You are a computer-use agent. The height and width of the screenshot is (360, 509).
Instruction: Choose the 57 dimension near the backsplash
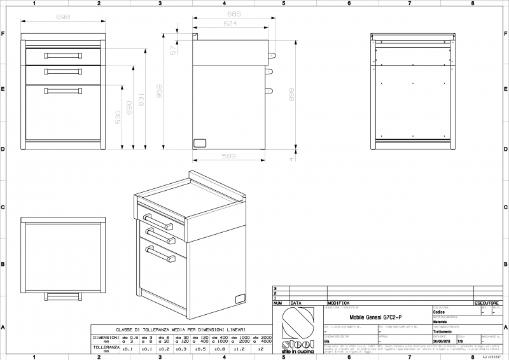(174, 50)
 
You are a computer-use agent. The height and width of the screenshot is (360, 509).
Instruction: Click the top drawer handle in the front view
(63, 56)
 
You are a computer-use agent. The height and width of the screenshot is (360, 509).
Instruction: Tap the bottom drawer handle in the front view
(63, 90)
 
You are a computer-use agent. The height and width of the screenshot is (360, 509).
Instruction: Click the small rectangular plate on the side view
(200, 142)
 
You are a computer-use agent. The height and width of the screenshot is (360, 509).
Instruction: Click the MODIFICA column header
(339, 303)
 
